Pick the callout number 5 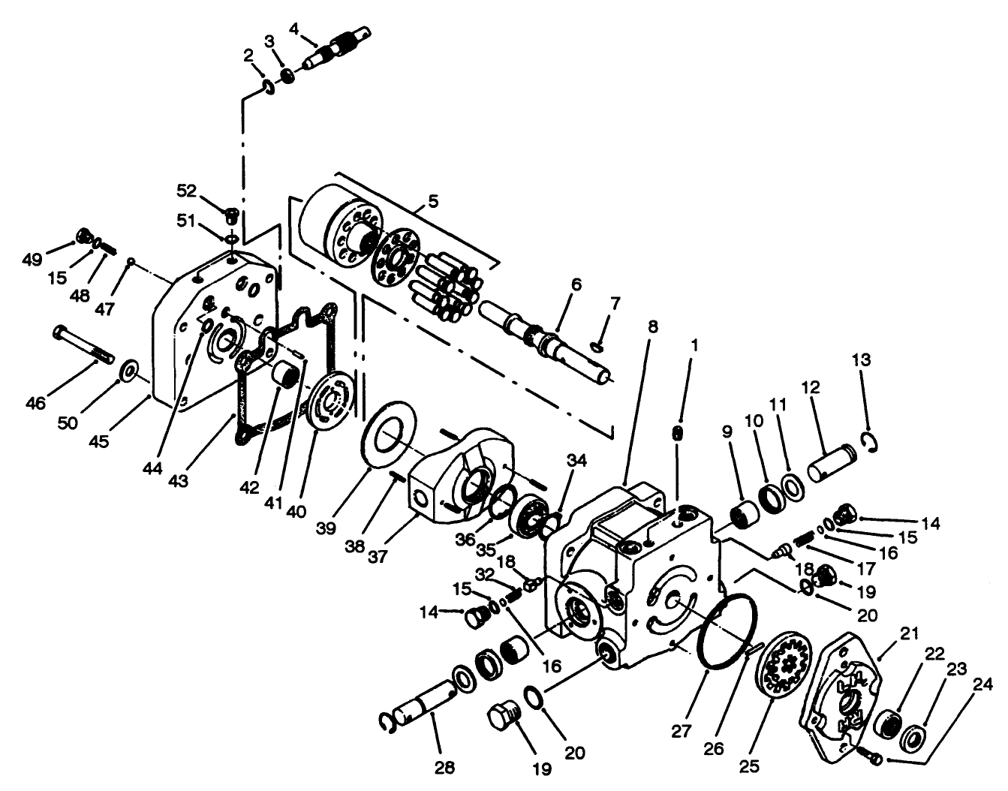point(433,201)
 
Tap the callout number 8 point(652,327)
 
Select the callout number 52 point(187,191)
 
